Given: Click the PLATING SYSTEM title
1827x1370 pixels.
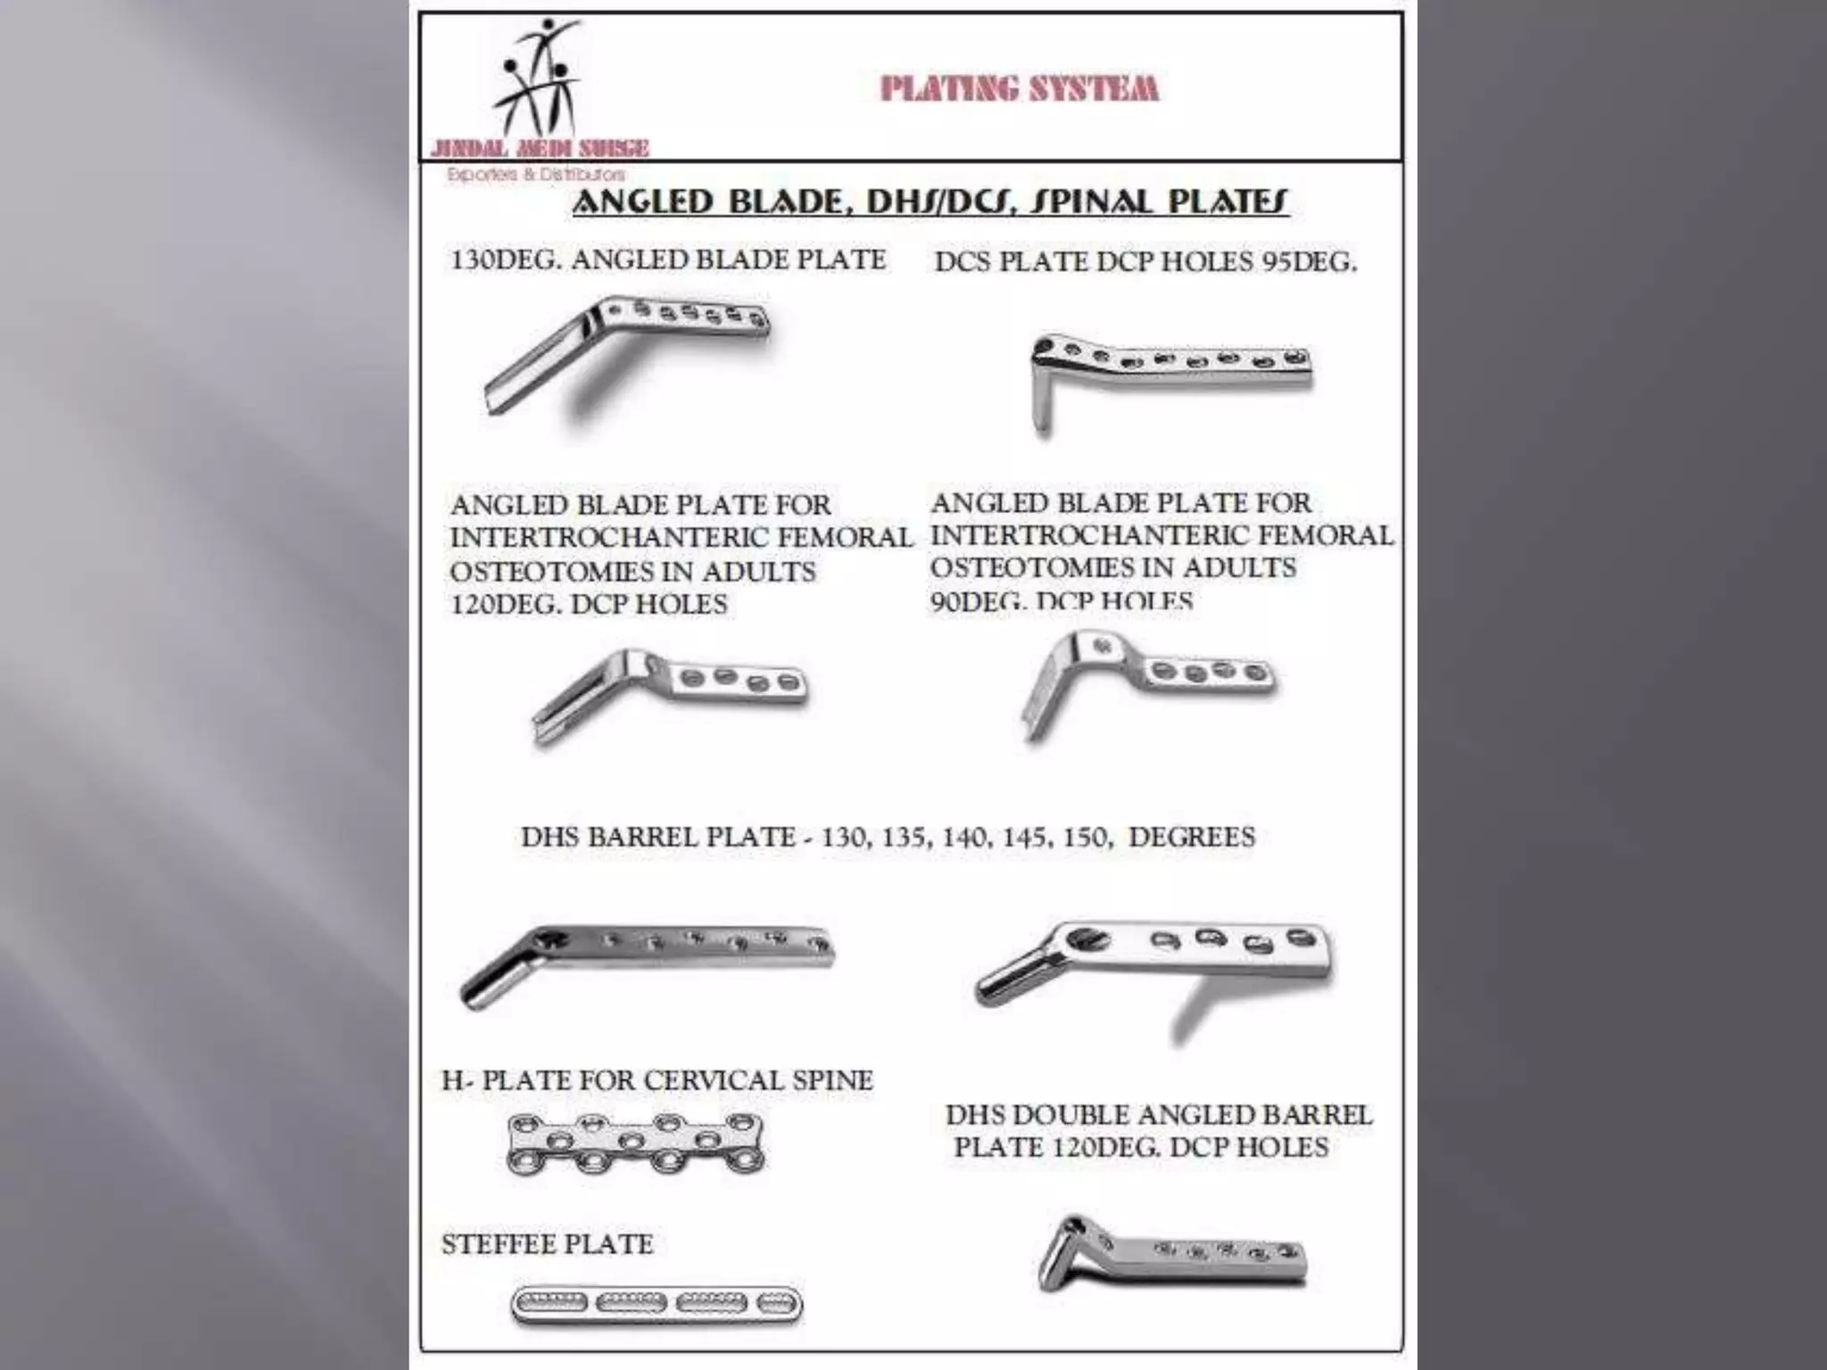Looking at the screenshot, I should [x=1019, y=88].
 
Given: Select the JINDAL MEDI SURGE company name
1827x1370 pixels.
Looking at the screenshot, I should [x=540, y=148].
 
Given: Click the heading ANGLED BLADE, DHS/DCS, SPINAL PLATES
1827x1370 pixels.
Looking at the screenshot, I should [x=930, y=202].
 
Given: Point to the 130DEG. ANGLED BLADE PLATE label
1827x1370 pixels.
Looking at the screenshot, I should [x=668, y=260].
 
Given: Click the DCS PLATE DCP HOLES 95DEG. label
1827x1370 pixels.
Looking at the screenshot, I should [x=1145, y=262].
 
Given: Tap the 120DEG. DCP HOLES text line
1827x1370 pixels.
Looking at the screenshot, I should [x=589, y=605].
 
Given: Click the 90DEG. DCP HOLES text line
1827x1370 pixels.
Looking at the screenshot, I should [x=1062, y=600].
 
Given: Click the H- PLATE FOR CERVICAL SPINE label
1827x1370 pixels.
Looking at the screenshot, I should [x=657, y=1080].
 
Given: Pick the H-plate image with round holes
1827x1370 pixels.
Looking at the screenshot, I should [x=635, y=1143].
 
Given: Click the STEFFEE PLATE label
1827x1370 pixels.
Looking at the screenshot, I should [x=548, y=1244].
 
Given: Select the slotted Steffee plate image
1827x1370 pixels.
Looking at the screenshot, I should [x=657, y=1305].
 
